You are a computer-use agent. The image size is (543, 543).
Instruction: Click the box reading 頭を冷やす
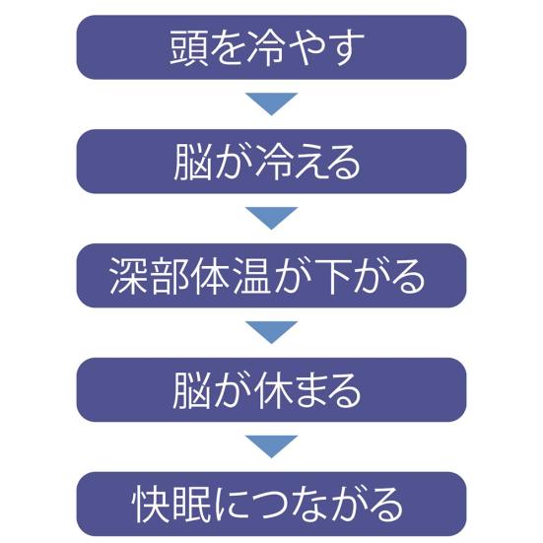point(272,47)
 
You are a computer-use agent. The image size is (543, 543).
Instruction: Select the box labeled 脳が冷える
point(272,162)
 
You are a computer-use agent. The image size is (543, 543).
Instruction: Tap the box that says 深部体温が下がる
point(272,276)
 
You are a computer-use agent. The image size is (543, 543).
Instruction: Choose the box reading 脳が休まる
point(272,390)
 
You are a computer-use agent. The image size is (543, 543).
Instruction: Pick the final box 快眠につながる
point(272,505)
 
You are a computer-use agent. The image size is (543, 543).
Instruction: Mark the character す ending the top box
point(345,48)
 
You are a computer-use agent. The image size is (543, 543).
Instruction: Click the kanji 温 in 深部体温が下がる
point(250,276)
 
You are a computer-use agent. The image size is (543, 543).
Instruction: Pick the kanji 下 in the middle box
point(333,276)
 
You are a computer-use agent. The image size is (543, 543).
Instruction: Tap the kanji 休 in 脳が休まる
point(272,390)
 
